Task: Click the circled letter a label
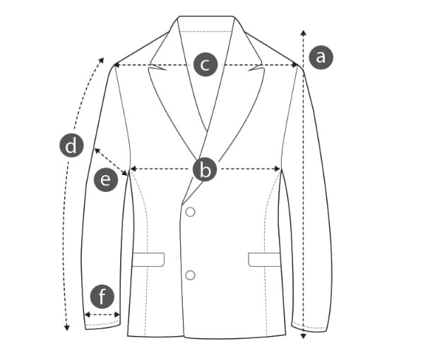[321, 57]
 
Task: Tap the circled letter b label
[205, 170]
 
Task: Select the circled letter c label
[205, 64]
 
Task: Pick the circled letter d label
[71, 145]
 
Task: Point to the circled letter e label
[106, 179]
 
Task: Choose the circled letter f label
[102, 296]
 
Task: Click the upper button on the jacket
[191, 212]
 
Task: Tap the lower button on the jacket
[191, 275]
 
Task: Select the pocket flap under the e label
[148, 260]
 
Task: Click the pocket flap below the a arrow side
[264, 260]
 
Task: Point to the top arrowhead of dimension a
[304, 33]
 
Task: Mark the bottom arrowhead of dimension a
[304, 336]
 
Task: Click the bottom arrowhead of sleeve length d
[67, 328]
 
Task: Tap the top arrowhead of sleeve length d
[102, 60]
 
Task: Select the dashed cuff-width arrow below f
[102, 314]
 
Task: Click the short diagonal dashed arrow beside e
[111, 162]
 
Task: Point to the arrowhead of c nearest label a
[294, 65]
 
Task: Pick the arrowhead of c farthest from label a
[117, 65]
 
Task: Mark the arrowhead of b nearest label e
[133, 169]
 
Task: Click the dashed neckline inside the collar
[205, 32]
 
